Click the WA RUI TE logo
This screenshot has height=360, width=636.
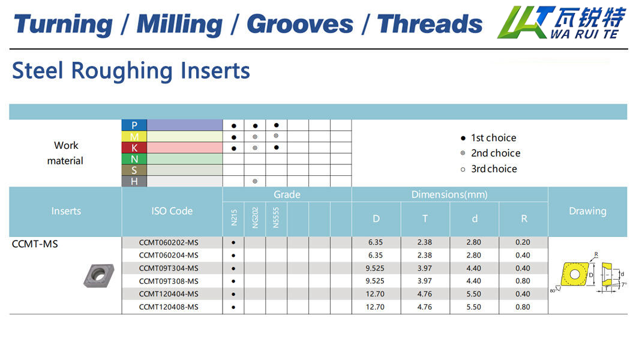562,22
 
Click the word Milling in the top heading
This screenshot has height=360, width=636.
179,25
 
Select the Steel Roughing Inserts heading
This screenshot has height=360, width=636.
131,71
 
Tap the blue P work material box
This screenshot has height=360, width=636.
134,125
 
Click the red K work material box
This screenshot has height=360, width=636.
134,148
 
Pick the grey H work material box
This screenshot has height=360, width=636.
134,181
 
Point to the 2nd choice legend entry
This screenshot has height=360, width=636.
490,153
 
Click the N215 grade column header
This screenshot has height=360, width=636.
233,217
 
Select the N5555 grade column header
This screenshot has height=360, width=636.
276,218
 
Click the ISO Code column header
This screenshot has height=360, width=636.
172,211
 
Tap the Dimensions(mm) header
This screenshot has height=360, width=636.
449,194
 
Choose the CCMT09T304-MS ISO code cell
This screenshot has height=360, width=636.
169,268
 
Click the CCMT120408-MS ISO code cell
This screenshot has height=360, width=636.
169,307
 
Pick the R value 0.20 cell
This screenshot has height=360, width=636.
523,242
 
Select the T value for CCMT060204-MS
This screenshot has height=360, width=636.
425,256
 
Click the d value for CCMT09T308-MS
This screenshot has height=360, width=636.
474,281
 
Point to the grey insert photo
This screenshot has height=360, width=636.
98,275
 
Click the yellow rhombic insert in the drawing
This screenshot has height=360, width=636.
574,274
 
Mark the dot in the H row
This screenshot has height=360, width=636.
255,181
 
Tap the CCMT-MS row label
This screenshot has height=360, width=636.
35,244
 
